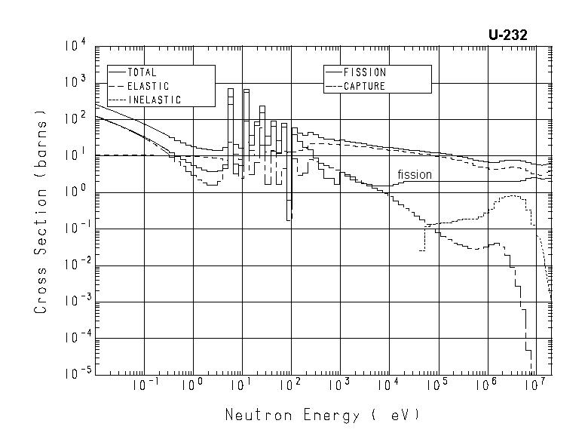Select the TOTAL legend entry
coord(141,72)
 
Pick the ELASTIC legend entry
coord(148,87)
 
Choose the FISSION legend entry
coord(364,72)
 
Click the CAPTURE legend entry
coord(364,87)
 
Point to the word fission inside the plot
coord(415,175)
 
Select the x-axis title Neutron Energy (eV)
coord(320,415)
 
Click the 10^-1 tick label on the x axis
coord(145,385)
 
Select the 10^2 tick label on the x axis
coord(290,385)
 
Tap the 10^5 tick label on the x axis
coord(437,385)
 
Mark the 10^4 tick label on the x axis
coord(388,385)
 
